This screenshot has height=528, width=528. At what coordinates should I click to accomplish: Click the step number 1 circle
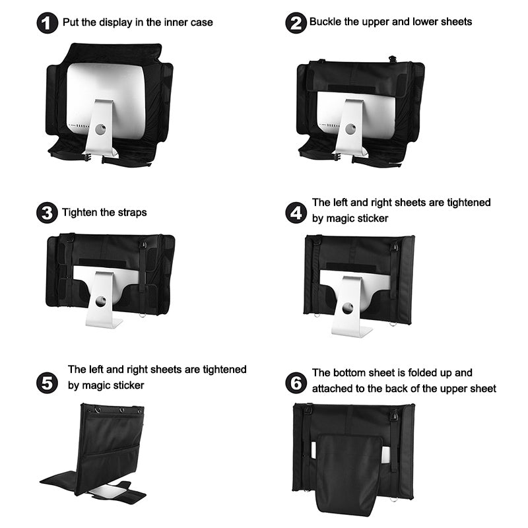point(48,23)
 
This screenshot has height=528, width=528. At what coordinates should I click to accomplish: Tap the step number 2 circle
point(296,23)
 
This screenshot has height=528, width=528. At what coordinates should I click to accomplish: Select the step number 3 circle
point(47,213)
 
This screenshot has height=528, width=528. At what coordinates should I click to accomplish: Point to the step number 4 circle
point(296,213)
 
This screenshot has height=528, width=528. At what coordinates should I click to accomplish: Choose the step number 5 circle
point(47,383)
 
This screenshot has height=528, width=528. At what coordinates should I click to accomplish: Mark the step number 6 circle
point(296,383)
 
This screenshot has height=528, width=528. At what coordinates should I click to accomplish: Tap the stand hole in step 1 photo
point(100,129)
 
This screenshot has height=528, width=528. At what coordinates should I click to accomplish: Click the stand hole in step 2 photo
point(350,129)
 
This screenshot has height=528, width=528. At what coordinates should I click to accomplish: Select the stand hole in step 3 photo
point(101,301)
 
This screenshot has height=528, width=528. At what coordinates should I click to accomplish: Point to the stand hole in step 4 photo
point(348,308)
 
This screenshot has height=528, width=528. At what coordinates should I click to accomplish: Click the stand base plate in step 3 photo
point(104,323)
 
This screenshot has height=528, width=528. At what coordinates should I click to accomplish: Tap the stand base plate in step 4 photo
point(352,331)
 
